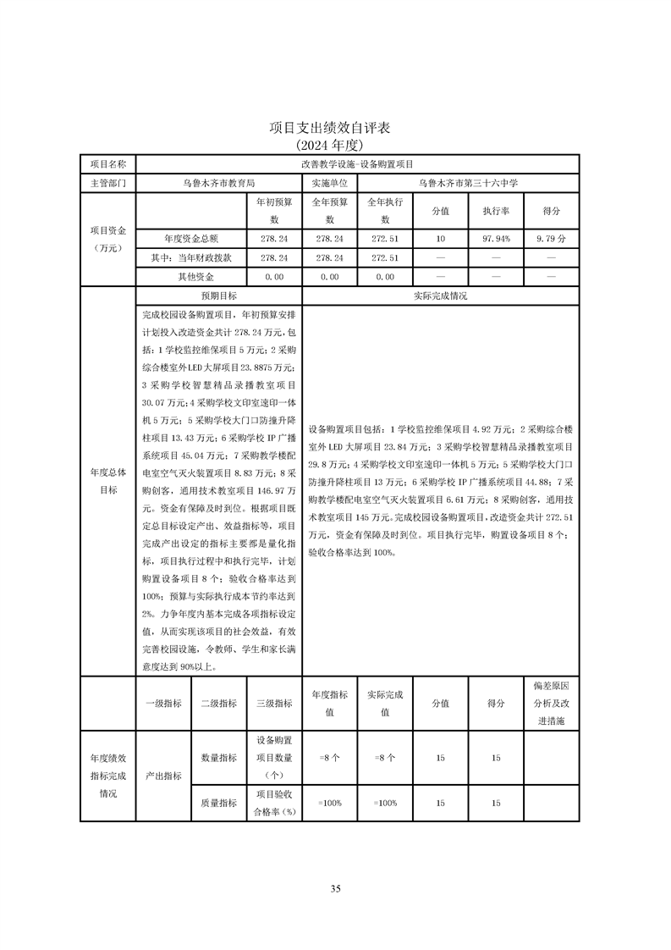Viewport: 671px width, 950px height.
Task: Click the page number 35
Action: (335, 888)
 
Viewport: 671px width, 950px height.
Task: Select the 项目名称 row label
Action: (107, 163)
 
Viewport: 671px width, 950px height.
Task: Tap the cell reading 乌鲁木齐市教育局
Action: (218, 182)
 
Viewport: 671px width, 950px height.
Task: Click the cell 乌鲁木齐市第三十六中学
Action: (468, 182)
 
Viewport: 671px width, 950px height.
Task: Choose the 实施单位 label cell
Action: (329, 182)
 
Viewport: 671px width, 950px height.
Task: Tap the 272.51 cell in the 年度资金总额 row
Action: (385, 240)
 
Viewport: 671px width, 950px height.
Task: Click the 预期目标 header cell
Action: (218, 296)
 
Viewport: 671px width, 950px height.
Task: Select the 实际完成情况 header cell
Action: (440, 296)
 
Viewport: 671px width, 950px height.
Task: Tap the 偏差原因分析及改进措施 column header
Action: (551, 703)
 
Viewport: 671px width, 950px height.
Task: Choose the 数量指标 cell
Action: (218, 758)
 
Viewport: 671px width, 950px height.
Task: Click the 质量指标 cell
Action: (218, 803)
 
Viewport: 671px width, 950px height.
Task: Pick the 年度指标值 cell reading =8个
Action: (329, 758)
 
